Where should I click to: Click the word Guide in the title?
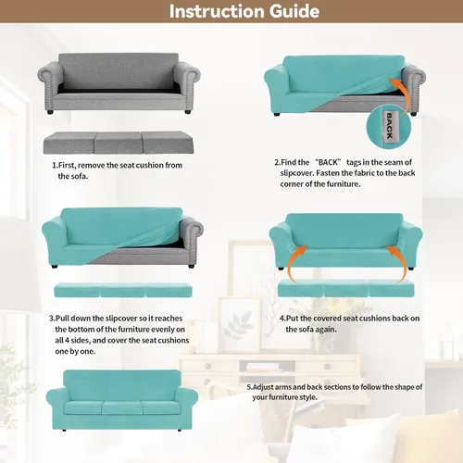(x=294, y=11)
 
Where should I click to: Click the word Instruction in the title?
(x=217, y=11)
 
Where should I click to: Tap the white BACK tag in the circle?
(x=389, y=127)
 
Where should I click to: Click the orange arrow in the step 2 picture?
(x=403, y=93)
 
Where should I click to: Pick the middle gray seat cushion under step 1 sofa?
(x=119, y=143)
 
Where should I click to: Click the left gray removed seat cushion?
(x=69, y=143)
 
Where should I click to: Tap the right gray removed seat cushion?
(x=169, y=143)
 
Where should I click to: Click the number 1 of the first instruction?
(x=55, y=166)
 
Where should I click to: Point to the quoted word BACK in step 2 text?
(x=328, y=162)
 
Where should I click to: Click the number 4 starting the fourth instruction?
(x=282, y=319)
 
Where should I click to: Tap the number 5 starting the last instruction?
(x=249, y=387)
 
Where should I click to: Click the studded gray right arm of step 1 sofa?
(x=188, y=85)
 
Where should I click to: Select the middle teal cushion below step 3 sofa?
(x=123, y=291)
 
